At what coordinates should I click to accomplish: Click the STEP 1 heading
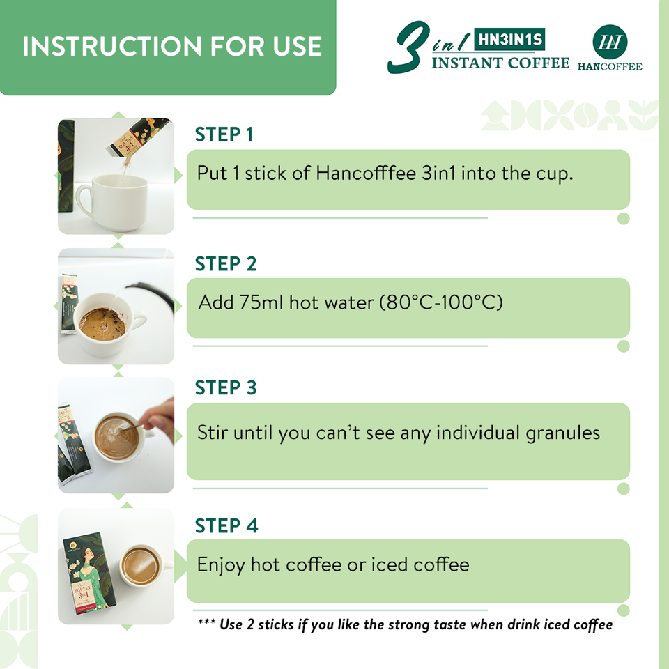[x=224, y=134]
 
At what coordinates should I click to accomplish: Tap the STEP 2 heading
[x=226, y=263]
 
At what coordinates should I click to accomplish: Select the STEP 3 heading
[x=226, y=387]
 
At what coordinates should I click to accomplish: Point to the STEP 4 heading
[x=226, y=525]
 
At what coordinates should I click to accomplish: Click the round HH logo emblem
[x=610, y=41]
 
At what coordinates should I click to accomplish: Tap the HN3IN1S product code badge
[x=510, y=39]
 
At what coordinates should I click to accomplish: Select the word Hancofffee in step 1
[x=366, y=174]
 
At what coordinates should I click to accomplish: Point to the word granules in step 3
[x=563, y=433]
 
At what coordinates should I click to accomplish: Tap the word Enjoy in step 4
[x=221, y=565]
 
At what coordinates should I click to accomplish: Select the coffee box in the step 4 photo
[x=90, y=574]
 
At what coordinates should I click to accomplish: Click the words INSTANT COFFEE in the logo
[x=500, y=63]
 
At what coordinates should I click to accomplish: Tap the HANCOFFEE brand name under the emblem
[x=610, y=67]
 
